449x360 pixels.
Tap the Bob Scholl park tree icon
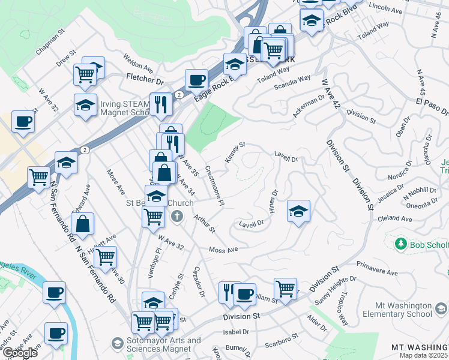pos(401,244)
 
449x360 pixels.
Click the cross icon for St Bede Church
pos(177,216)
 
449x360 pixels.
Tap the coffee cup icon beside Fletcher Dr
pos(196,79)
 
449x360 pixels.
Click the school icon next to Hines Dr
pos(298,211)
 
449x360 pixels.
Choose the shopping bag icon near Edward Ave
pos(84,224)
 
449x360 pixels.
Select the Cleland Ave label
pos(394,219)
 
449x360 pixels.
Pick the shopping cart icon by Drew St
pos(85,74)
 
